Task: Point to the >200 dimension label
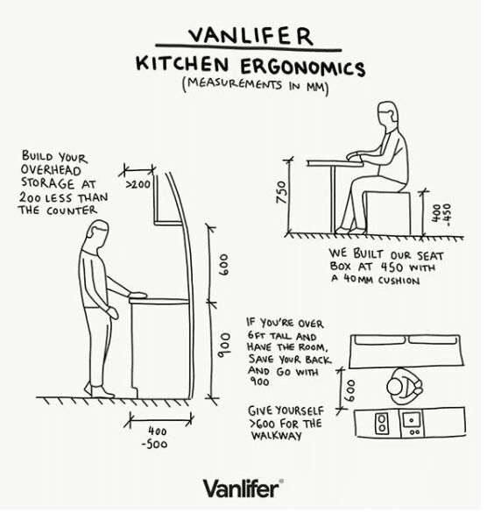[138, 185]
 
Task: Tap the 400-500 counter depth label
[158, 438]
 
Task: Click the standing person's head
[97, 235]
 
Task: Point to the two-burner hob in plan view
[382, 424]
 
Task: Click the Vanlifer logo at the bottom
[243, 488]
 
